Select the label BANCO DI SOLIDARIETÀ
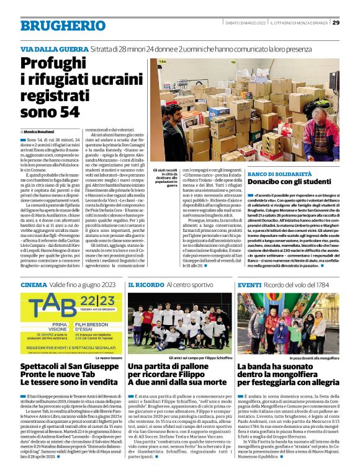point(279,175)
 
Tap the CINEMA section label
point(33,285)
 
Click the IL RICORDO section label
point(146,285)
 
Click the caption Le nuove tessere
point(109,358)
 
